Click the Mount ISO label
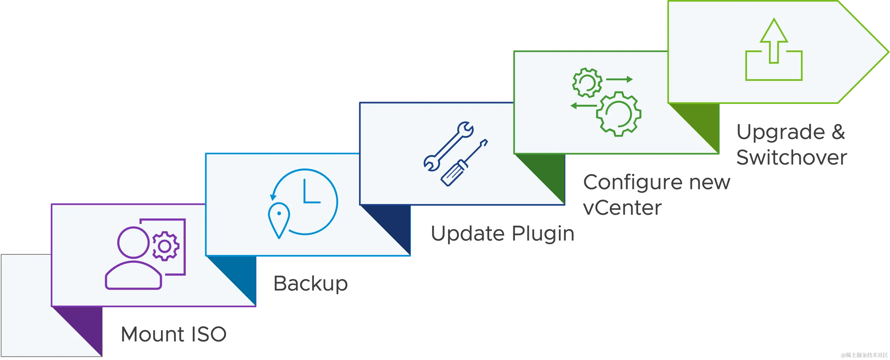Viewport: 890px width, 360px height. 174,334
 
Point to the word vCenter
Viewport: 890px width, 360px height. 622,208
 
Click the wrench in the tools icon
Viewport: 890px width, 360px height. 448,146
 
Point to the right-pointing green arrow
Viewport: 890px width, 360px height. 619,79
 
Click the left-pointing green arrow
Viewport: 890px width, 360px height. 584,105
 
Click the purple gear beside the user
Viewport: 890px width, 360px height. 165,246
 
